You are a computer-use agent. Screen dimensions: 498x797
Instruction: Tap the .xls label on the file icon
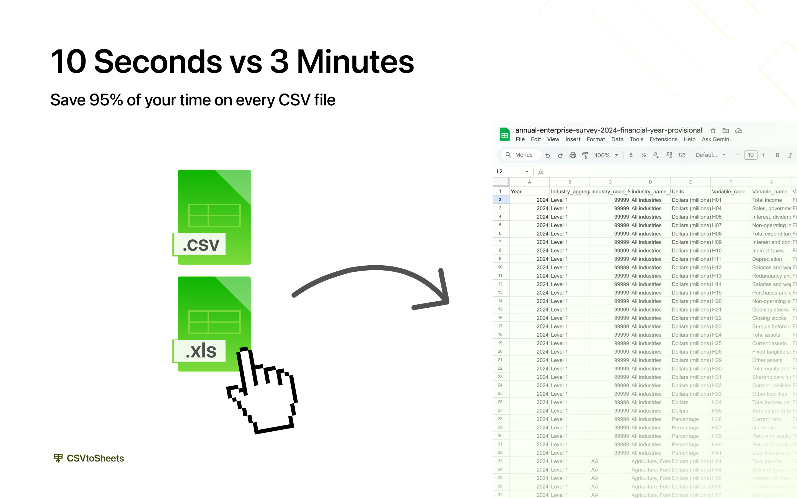[201, 351]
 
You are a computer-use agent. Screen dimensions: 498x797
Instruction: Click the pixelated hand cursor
[263, 392]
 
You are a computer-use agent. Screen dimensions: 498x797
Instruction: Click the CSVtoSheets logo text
[95, 458]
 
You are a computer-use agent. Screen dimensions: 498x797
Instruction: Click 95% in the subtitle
[106, 100]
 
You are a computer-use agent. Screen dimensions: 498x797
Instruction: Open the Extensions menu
[663, 139]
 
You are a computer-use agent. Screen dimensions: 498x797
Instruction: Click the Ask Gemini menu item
[716, 139]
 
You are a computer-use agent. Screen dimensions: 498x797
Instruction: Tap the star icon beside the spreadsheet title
[713, 130]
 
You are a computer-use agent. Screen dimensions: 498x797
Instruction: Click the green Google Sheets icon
[504, 135]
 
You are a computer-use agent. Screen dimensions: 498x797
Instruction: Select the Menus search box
[521, 155]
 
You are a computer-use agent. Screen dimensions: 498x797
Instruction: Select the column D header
[650, 182]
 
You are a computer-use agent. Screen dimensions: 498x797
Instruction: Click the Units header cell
[690, 192]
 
